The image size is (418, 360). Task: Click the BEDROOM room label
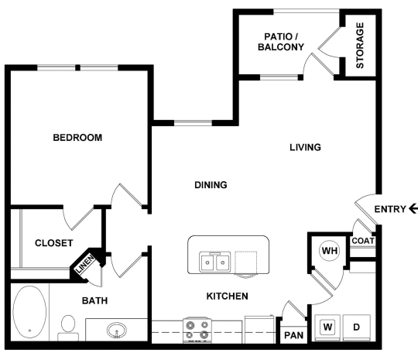(77, 138)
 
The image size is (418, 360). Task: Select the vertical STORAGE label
(360, 45)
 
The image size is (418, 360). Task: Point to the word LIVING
(305, 147)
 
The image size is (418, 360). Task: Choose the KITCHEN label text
(227, 297)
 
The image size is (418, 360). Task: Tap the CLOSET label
(54, 243)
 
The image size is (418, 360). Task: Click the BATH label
(94, 300)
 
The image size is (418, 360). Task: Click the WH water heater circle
(329, 251)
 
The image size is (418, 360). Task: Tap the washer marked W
(327, 327)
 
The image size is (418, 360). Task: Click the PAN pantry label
(293, 335)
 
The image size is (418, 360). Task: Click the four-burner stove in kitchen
(197, 329)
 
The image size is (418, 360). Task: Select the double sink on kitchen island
(214, 263)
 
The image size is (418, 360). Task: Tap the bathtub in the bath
(30, 314)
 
